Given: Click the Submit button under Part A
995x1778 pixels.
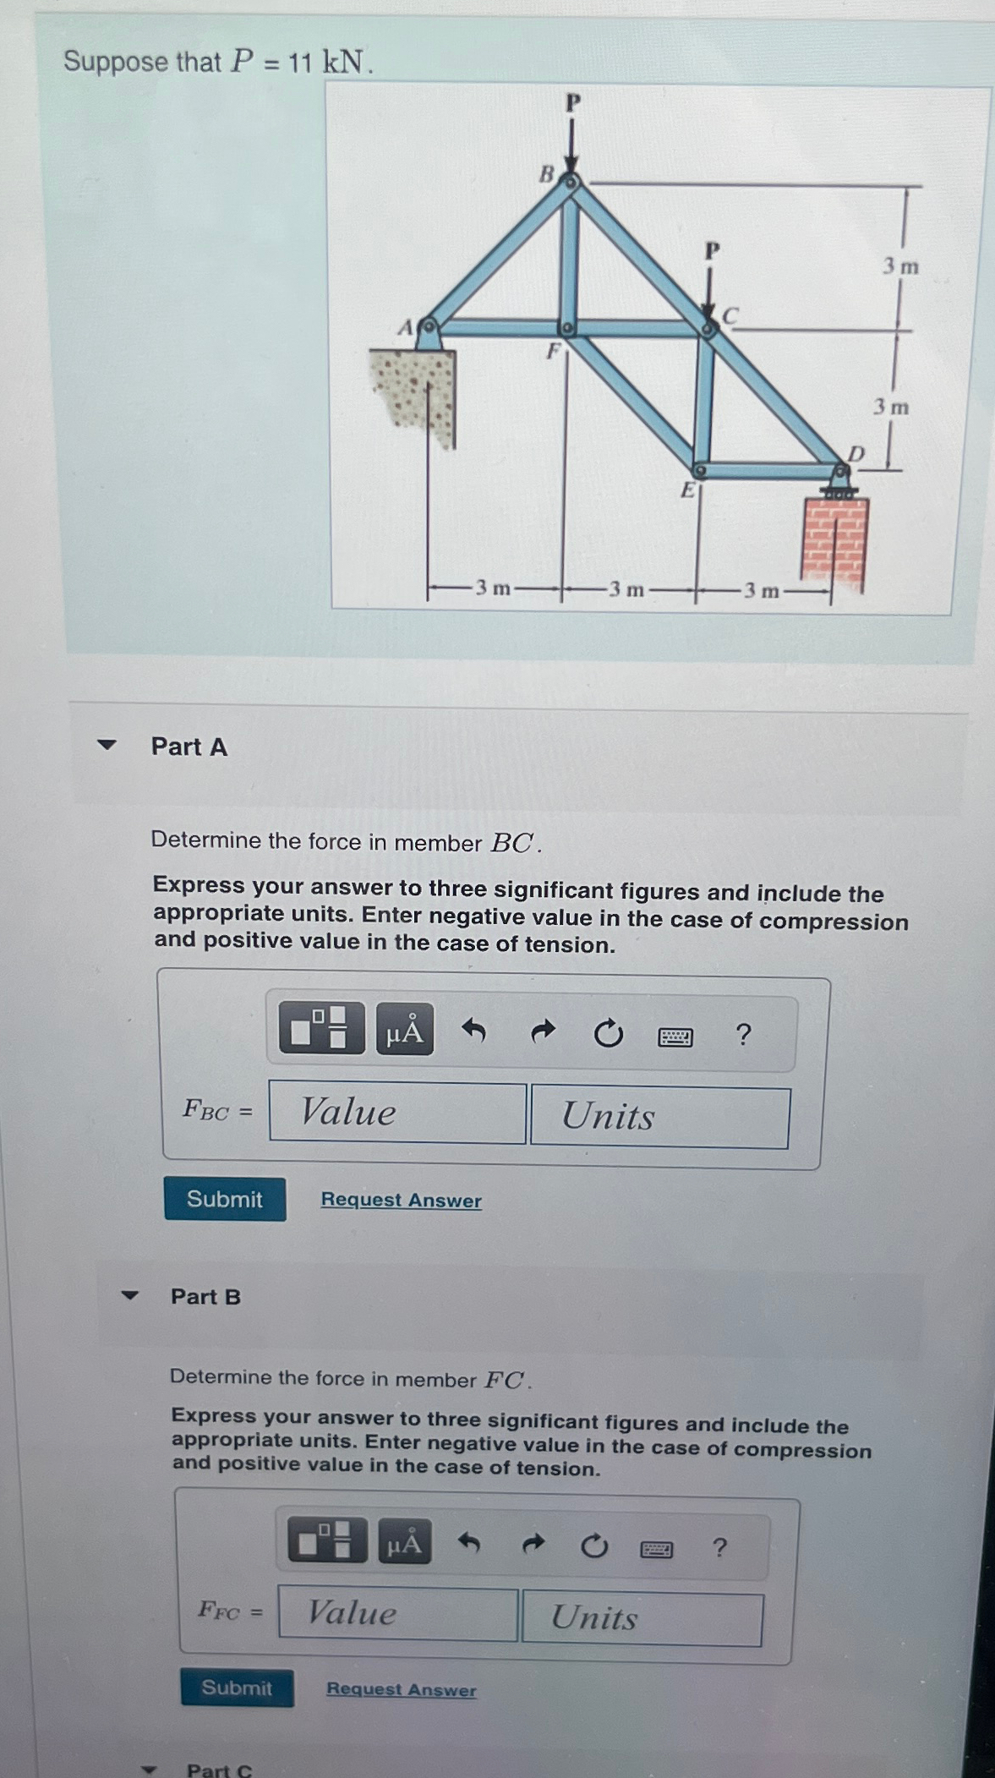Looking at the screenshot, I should tap(225, 1199).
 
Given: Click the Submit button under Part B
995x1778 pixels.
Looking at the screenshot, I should tap(237, 1688).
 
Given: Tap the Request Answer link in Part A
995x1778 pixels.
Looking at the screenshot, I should tap(401, 1200).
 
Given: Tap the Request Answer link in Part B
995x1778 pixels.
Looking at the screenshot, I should tap(402, 1689).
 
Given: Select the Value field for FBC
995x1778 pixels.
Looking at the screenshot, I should tap(397, 1113).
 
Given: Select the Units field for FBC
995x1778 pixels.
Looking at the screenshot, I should tap(660, 1117).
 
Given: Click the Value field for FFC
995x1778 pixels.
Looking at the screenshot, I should tap(397, 1613).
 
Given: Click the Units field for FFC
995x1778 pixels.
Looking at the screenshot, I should tap(642, 1618).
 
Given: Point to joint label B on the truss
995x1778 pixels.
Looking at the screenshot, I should tap(547, 174).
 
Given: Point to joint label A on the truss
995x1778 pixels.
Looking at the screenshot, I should tap(406, 327).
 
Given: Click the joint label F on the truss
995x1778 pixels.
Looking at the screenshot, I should tap(553, 351).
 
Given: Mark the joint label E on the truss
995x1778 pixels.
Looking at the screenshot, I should tap(688, 490).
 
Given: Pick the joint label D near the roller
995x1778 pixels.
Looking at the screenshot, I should tap(856, 454).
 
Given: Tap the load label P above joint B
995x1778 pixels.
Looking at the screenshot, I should tap(573, 103).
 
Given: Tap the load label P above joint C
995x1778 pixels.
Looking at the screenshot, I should tap(712, 251).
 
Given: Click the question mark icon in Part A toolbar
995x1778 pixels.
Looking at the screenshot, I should tap(743, 1034).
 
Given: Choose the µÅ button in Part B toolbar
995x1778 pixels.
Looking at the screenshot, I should tap(404, 1544).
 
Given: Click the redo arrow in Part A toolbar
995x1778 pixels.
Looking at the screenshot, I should tap(543, 1031).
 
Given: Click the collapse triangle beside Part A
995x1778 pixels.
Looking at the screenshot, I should tap(107, 745).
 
